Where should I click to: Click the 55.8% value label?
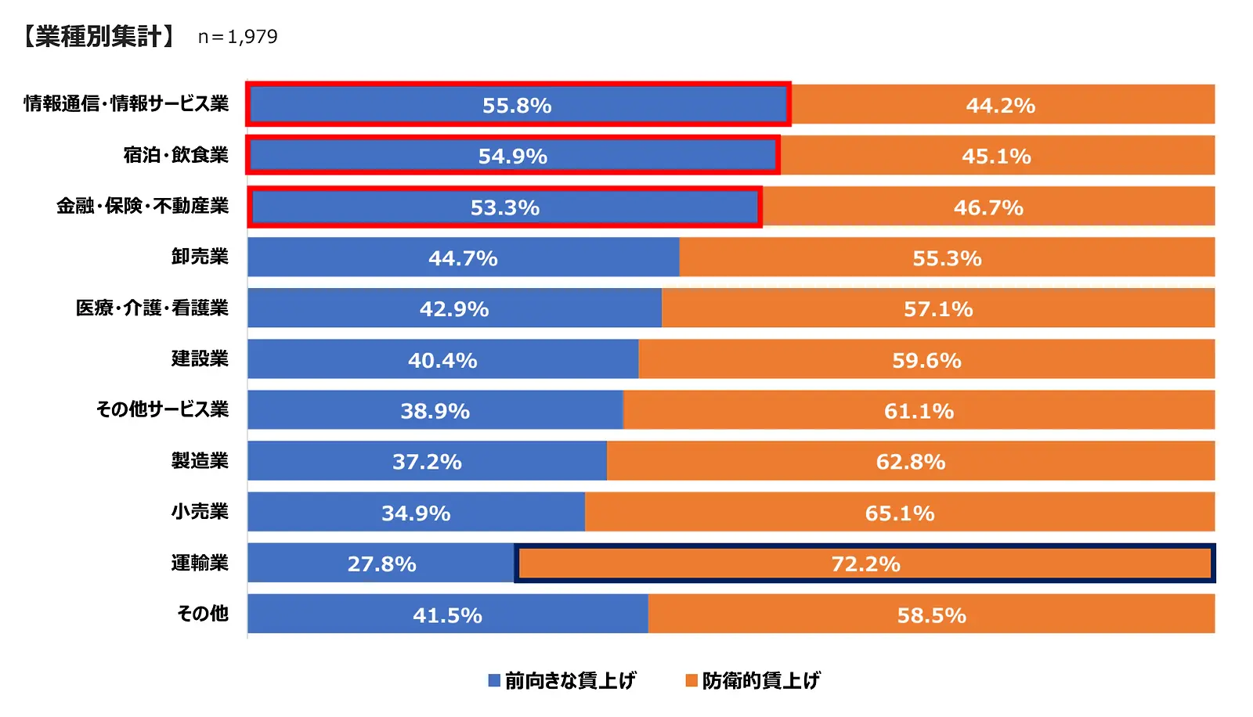pyautogui.click(x=517, y=106)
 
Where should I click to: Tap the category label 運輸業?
pyautogui.click(x=200, y=563)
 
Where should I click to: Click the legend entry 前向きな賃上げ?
pyautogui.click(x=569, y=680)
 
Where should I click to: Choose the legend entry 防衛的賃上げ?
pyautogui.click(x=760, y=680)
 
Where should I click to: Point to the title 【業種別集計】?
pyautogui.click(x=97, y=37)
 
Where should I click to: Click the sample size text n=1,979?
pyautogui.click(x=237, y=37)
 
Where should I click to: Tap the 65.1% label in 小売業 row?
pyautogui.click(x=900, y=513)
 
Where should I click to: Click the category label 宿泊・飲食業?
pyautogui.click(x=176, y=155)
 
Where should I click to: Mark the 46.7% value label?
pyautogui.click(x=988, y=208)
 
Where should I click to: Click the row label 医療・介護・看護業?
pyautogui.click(x=152, y=308)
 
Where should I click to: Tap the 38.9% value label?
pyautogui.click(x=435, y=411)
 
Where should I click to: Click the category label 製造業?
pyautogui.click(x=200, y=461)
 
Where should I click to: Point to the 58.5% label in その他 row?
pyautogui.click(x=932, y=615)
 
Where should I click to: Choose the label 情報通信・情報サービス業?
pyautogui.click(x=126, y=104)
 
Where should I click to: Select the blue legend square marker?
pyautogui.click(x=494, y=680)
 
